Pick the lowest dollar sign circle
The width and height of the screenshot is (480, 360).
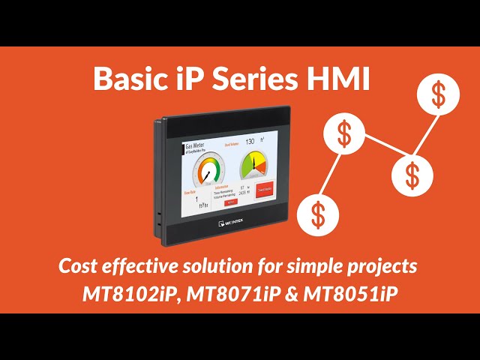point(318,214)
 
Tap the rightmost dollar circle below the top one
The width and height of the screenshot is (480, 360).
point(412,175)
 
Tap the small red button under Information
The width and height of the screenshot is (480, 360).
point(232,202)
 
